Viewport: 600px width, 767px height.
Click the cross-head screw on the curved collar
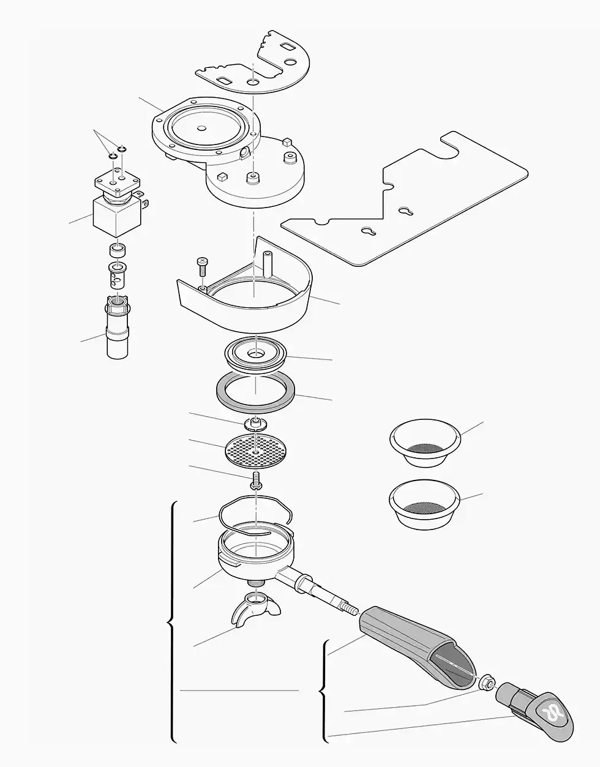201,266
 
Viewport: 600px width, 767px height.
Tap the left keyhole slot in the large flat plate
367,232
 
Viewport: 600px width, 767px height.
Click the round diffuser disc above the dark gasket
256,356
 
